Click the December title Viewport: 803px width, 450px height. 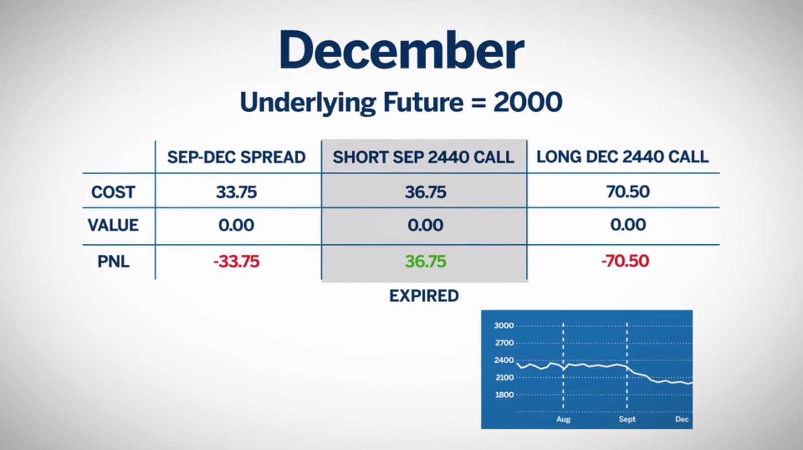[x=401, y=50]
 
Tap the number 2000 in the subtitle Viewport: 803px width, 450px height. [x=527, y=102]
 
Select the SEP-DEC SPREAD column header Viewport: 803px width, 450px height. [x=236, y=158]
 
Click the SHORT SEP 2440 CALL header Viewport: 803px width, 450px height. [x=424, y=158]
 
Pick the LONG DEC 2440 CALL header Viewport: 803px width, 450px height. [x=622, y=157]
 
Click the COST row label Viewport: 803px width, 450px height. [x=113, y=192]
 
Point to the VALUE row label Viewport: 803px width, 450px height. [x=113, y=225]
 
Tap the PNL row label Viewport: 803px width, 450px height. [x=113, y=261]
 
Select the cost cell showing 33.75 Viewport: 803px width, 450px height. [x=236, y=192]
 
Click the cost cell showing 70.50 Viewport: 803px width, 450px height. [x=628, y=191]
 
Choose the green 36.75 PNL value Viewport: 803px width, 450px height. [x=426, y=261]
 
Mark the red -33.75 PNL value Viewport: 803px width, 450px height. [x=236, y=261]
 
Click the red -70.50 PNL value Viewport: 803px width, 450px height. [x=625, y=260]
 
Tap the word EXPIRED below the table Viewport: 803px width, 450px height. [x=424, y=296]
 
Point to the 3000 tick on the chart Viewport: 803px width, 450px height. [x=504, y=326]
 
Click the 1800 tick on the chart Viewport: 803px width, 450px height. [x=504, y=395]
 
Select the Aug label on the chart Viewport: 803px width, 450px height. [x=563, y=419]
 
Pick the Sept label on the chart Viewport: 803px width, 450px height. [x=627, y=419]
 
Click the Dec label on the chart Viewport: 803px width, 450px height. [x=682, y=419]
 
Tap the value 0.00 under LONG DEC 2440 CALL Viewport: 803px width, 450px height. [x=628, y=225]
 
